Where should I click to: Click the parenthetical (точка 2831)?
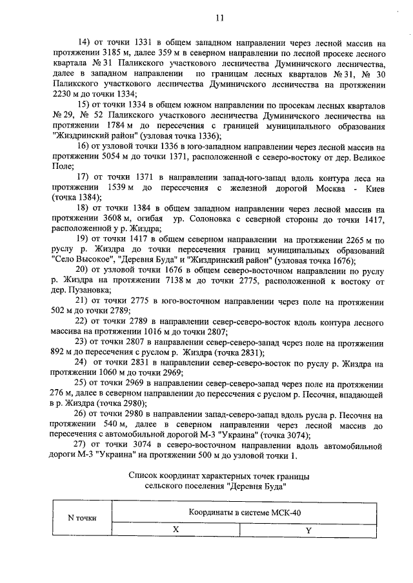point(230,353)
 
